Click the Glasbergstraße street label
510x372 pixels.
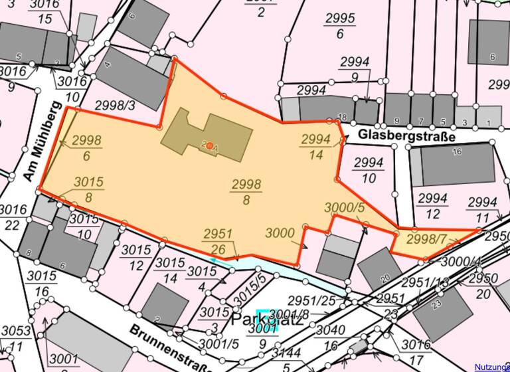pos(406,136)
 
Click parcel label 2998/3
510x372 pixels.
pos(115,105)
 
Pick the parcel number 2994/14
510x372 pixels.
pos(316,147)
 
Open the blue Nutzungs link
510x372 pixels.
pos(491,367)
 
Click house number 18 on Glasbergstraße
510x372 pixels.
pos(342,118)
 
